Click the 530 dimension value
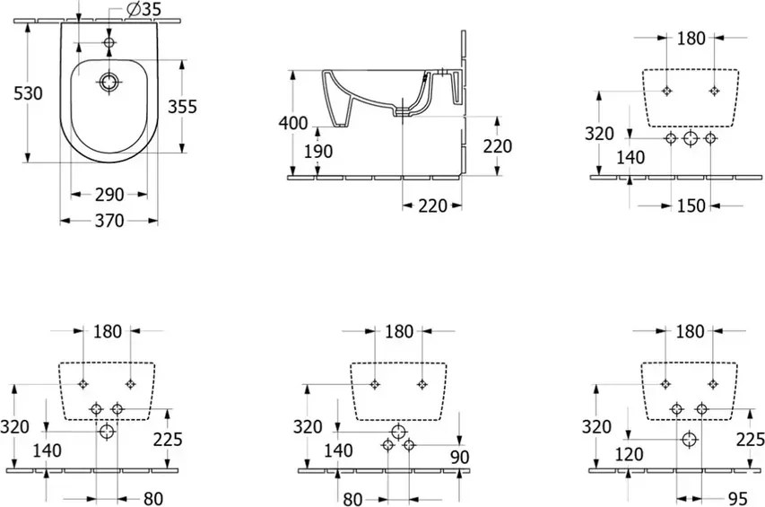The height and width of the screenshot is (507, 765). tap(28, 92)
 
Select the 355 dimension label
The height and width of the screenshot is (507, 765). tap(182, 106)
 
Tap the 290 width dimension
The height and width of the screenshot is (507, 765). tap(109, 195)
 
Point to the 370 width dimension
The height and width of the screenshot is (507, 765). tap(109, 221)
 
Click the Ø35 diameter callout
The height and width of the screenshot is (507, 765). tap(143, 8)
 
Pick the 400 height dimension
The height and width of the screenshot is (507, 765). tap(292, 123)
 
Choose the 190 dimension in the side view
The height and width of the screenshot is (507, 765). tap(318, 152)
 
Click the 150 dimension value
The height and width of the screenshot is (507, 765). tap(691, 205)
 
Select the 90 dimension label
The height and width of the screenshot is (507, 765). tap(459, 457)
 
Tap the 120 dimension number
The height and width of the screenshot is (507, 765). tap(629, 454)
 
